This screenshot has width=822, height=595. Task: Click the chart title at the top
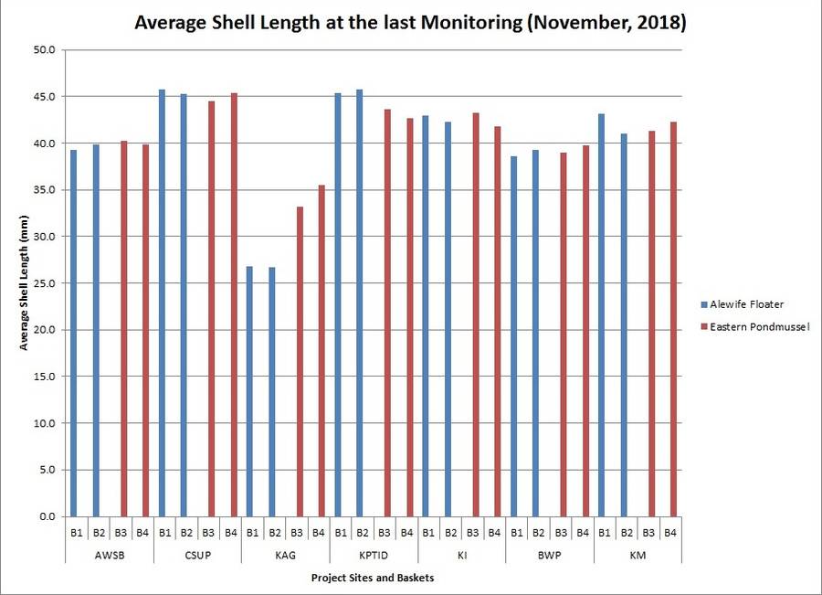(410, 23)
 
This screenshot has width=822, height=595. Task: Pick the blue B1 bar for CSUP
(163, 303)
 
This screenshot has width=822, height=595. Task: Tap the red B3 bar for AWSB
(123, 329)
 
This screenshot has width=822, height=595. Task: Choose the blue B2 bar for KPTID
(360, 303)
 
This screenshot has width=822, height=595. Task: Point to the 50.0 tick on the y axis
(45, 49)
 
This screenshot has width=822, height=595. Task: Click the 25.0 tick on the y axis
(45, 283)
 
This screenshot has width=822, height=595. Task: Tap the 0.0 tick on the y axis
(47, 516)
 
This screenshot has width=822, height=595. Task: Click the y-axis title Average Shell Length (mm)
(24, 283)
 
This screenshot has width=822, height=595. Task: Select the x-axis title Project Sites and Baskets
(372, 578)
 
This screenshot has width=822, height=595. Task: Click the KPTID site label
(373, 553)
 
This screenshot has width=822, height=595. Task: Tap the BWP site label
(549, 553)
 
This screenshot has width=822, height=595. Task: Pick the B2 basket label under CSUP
(186, 532)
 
